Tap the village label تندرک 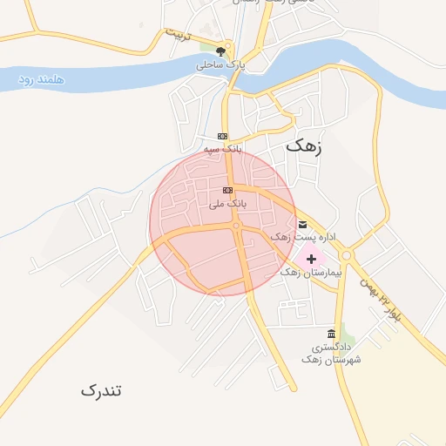pos(101,389)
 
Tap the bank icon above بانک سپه pos(222,136)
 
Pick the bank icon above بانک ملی pos(227,190)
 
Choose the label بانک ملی pos(228,203)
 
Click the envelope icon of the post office pos(302,224)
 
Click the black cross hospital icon pos(311,259)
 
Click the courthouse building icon pos(331,334)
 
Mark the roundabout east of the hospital pos(346,256)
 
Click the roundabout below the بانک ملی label pos(236,226)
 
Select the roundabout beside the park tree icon pos(229,48)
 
